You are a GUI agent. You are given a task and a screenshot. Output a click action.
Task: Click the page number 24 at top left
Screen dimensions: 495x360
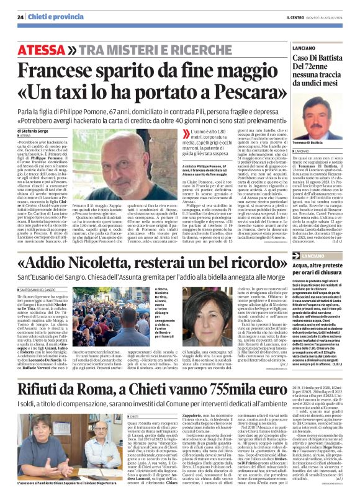coord(20,17)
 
